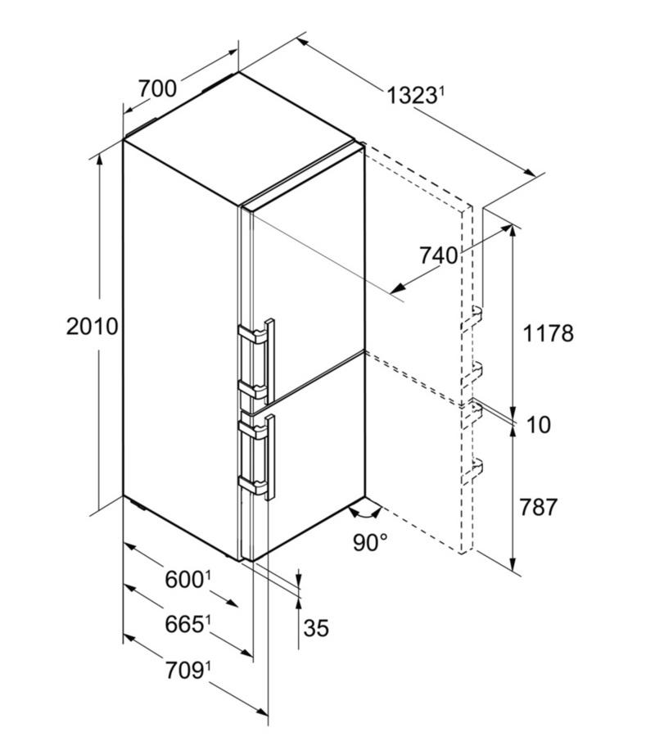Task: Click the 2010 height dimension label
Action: [x=92, y=326]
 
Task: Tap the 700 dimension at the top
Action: [x=157, y=88]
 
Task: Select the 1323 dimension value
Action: [x=411, y=96]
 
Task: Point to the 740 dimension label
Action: [x=438, y=255]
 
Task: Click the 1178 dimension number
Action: [x=548, y=333]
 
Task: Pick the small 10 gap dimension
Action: [x=539, y=425]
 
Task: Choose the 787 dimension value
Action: [x=538, y=507]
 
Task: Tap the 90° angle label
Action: [x=370, y=542]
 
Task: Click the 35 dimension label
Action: [x=316, y=627]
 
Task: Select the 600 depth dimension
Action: [x=183, y=579]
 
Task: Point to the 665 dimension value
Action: [x=183, y=625]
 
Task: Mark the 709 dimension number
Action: [x=183, y=670]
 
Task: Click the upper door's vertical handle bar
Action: [x=269, y=361]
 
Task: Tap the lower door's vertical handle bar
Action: [x=269, y=457]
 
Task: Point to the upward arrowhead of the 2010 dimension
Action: [x=99, y=161]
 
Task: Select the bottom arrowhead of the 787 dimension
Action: [x=513, y=563]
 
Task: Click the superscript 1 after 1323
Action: [x=441, y=92]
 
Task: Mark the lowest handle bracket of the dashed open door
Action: [x=472, y=471]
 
